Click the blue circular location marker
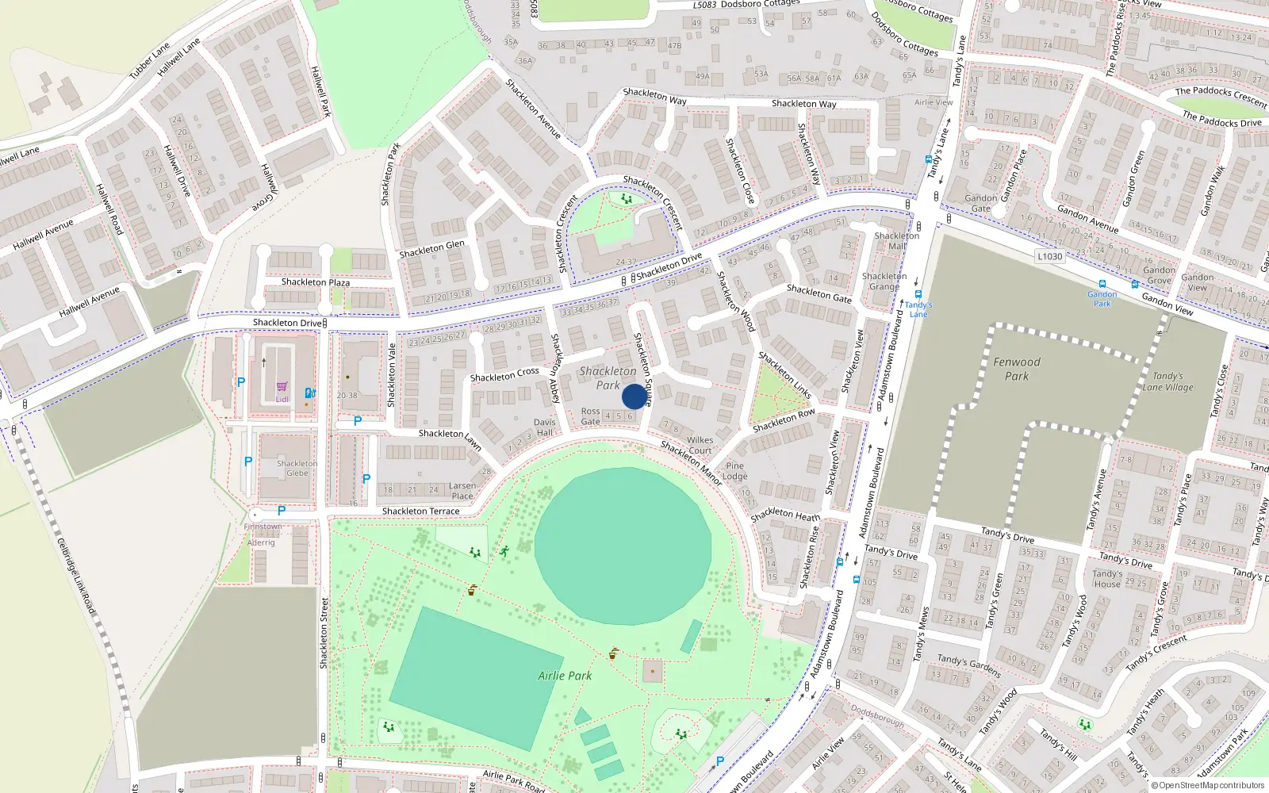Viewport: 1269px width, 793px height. [634, 396]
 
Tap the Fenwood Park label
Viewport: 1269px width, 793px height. [1017, 369]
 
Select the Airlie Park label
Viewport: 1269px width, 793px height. [565, 676]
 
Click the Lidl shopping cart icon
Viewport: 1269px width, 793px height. [282, 387]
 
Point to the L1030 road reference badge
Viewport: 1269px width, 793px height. [1049, 256]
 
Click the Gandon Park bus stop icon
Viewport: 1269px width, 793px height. [1102, 284]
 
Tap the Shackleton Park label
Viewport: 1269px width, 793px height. [608, 377]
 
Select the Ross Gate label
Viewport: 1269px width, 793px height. [590, 416]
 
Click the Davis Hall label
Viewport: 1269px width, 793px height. [544, 427]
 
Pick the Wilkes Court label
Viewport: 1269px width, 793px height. [700, 445]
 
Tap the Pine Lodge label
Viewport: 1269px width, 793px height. [734, 471]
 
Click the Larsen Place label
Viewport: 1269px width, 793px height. [462, 491]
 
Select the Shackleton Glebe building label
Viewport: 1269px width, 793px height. [297, 468]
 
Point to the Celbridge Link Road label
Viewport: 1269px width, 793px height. [76, 577]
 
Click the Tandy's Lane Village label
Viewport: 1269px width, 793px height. [1167, 381]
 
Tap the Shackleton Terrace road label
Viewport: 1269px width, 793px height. [420, 511]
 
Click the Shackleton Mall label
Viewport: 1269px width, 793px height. [897, 241]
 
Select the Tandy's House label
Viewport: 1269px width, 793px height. [1107, 578]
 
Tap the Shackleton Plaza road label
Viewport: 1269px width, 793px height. [315, 282]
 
